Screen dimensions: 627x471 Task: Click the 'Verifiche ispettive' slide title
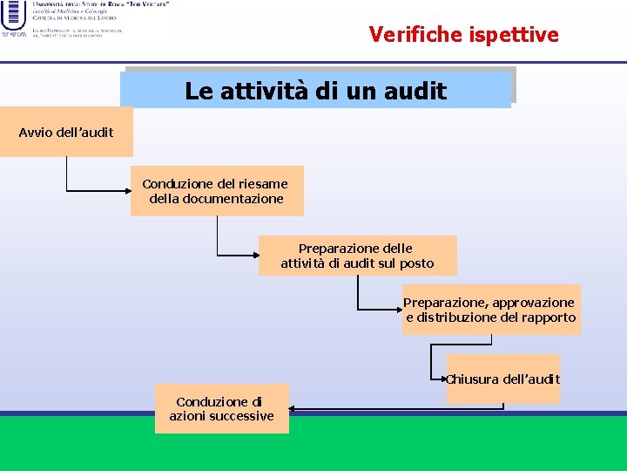(x=463, y=34)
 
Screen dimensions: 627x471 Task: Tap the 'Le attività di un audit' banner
(x=315, y=90)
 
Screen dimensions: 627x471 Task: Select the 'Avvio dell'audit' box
(x=66, y=132)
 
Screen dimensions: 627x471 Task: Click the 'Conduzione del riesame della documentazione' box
(x=217, y=191)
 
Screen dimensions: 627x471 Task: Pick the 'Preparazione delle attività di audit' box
(x=357, y=256)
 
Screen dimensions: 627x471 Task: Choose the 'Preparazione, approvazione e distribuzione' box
(x=490, y=310)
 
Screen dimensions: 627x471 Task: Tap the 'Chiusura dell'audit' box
(x=503, y=379)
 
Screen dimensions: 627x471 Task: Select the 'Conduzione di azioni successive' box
(x=221, y=409)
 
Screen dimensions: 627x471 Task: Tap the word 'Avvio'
(x=36, y=132)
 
